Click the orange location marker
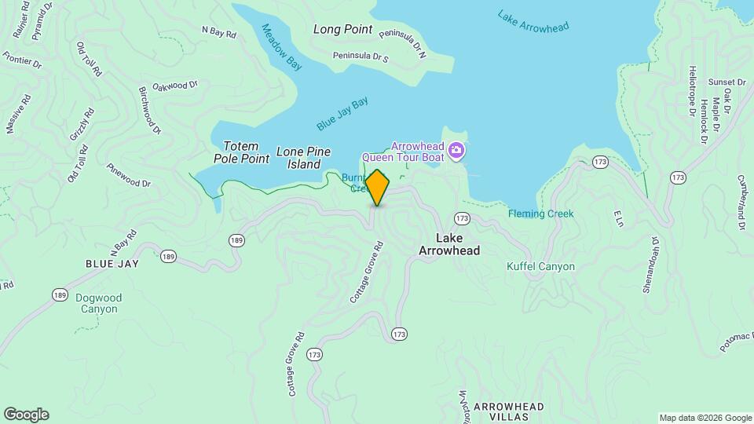click(377, 188)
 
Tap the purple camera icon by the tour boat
click(456, 150)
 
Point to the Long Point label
click(342, 30)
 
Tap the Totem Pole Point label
click(241, 152)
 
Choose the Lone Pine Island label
click(302, 158)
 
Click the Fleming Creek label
click(540, 214)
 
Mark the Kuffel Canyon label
click(540, 267)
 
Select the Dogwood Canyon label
click(98, 303)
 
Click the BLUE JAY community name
click(112, 264)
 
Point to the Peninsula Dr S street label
click(361, 57)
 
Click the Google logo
click(26, 415)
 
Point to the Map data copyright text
click(705, 418)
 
